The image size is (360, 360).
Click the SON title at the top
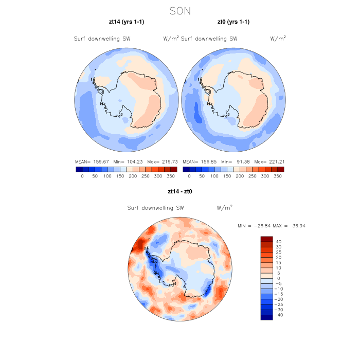pos(180,11)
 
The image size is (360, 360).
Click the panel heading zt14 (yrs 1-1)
pos(126,22)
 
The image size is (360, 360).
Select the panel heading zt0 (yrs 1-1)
pos(233,22)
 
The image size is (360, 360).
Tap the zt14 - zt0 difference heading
pos(180,191)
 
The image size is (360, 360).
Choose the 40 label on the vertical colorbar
pos(278,242)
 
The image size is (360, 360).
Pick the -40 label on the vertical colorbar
pos(278,315)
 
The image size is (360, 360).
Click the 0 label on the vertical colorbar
pos(278,278)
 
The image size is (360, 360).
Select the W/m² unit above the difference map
pos(225,208)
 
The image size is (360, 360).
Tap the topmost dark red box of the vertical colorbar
pos(266,239)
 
